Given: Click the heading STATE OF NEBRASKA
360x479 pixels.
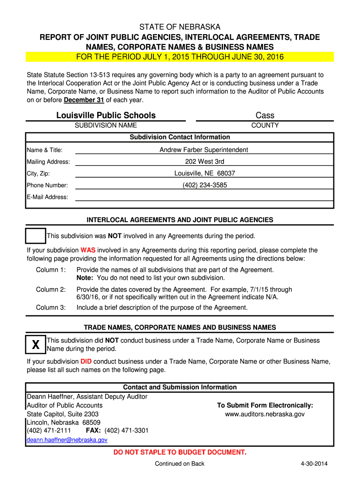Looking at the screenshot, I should (180, 27).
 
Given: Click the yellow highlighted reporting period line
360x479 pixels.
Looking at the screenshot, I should (180, 57).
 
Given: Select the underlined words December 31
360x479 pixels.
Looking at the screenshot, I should (84, 100).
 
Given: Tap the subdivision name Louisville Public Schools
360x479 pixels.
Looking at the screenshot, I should (106, 116).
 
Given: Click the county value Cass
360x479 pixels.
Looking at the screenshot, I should (265, 116).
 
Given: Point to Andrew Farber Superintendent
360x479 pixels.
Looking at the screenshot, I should (204, 150).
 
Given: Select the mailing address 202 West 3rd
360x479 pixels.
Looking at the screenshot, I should (204, 162).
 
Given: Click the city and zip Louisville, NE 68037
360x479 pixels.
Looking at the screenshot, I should (204, 174).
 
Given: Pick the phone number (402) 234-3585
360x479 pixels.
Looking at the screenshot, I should (204, 185).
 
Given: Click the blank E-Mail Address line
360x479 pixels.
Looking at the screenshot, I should (204, 196).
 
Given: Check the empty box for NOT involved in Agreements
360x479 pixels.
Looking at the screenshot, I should (36, 236).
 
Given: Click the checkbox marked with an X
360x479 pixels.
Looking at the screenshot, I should (36, 345).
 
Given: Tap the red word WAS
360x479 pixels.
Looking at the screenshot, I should (88, 250).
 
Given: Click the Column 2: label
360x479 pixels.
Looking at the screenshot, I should (51, 290).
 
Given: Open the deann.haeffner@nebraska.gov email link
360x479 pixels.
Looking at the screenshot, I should (67, 440).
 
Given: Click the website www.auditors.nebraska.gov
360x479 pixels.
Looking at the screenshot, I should (265, 414).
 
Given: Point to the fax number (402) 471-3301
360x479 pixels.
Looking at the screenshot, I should (126, 431).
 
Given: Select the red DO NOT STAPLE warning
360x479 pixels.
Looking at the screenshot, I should (180, 452).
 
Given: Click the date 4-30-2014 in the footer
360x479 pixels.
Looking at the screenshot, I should (314, 464).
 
